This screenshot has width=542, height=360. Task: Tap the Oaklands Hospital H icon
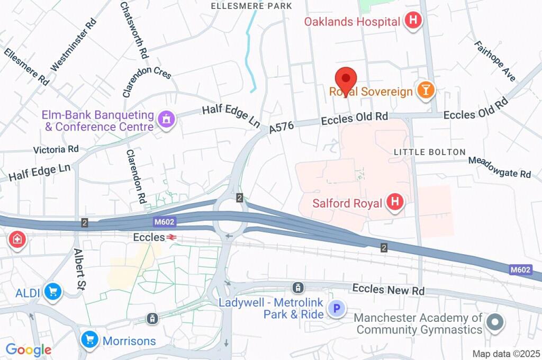[x=413, y=22]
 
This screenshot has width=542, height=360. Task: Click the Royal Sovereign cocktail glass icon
[x=425, y=91]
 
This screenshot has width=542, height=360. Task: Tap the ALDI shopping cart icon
[x=52, y=292]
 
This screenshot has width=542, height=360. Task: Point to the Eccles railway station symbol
[x=171, y=238]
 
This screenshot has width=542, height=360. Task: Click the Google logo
[x=28, y=349]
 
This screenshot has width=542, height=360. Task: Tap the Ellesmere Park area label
[x=251, y=6]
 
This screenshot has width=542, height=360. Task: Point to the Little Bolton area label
[x=429, y=152]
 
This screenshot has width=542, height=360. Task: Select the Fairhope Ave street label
[x=495, y=61]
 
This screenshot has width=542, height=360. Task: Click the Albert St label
[x=80, y=269]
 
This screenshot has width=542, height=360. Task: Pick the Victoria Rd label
[x=56, y=149]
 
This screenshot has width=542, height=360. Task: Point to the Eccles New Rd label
[x=388, y=290]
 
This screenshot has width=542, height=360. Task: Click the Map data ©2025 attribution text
[x=505, y=354]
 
